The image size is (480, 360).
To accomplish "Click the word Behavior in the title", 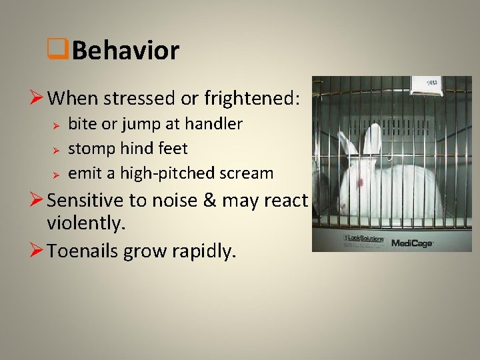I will click(126, 51).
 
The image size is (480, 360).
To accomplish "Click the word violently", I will click(87, 225).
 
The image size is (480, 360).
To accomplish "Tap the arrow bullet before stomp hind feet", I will click(57, 149).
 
